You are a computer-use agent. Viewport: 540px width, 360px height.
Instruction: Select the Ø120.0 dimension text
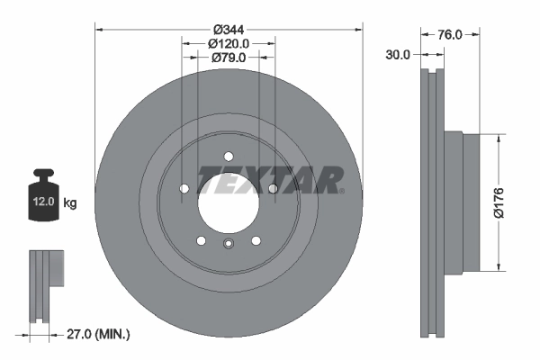tap(229, 42)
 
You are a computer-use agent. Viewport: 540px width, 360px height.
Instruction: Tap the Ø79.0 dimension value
tap(229, 58)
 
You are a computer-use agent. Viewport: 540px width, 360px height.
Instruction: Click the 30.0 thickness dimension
tap(397, 54)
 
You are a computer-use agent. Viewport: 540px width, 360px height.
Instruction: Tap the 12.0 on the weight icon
tap(42, 203)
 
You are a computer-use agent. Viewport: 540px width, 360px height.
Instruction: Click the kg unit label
tap(70, 203)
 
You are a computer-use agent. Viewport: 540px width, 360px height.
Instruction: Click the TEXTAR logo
tap(270, 180)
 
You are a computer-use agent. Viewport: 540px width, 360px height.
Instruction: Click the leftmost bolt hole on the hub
tap(184, 188)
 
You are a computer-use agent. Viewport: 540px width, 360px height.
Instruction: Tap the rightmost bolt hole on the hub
tap(272, 187)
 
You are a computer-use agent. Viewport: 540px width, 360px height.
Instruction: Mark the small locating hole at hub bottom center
tap(229, 244)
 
